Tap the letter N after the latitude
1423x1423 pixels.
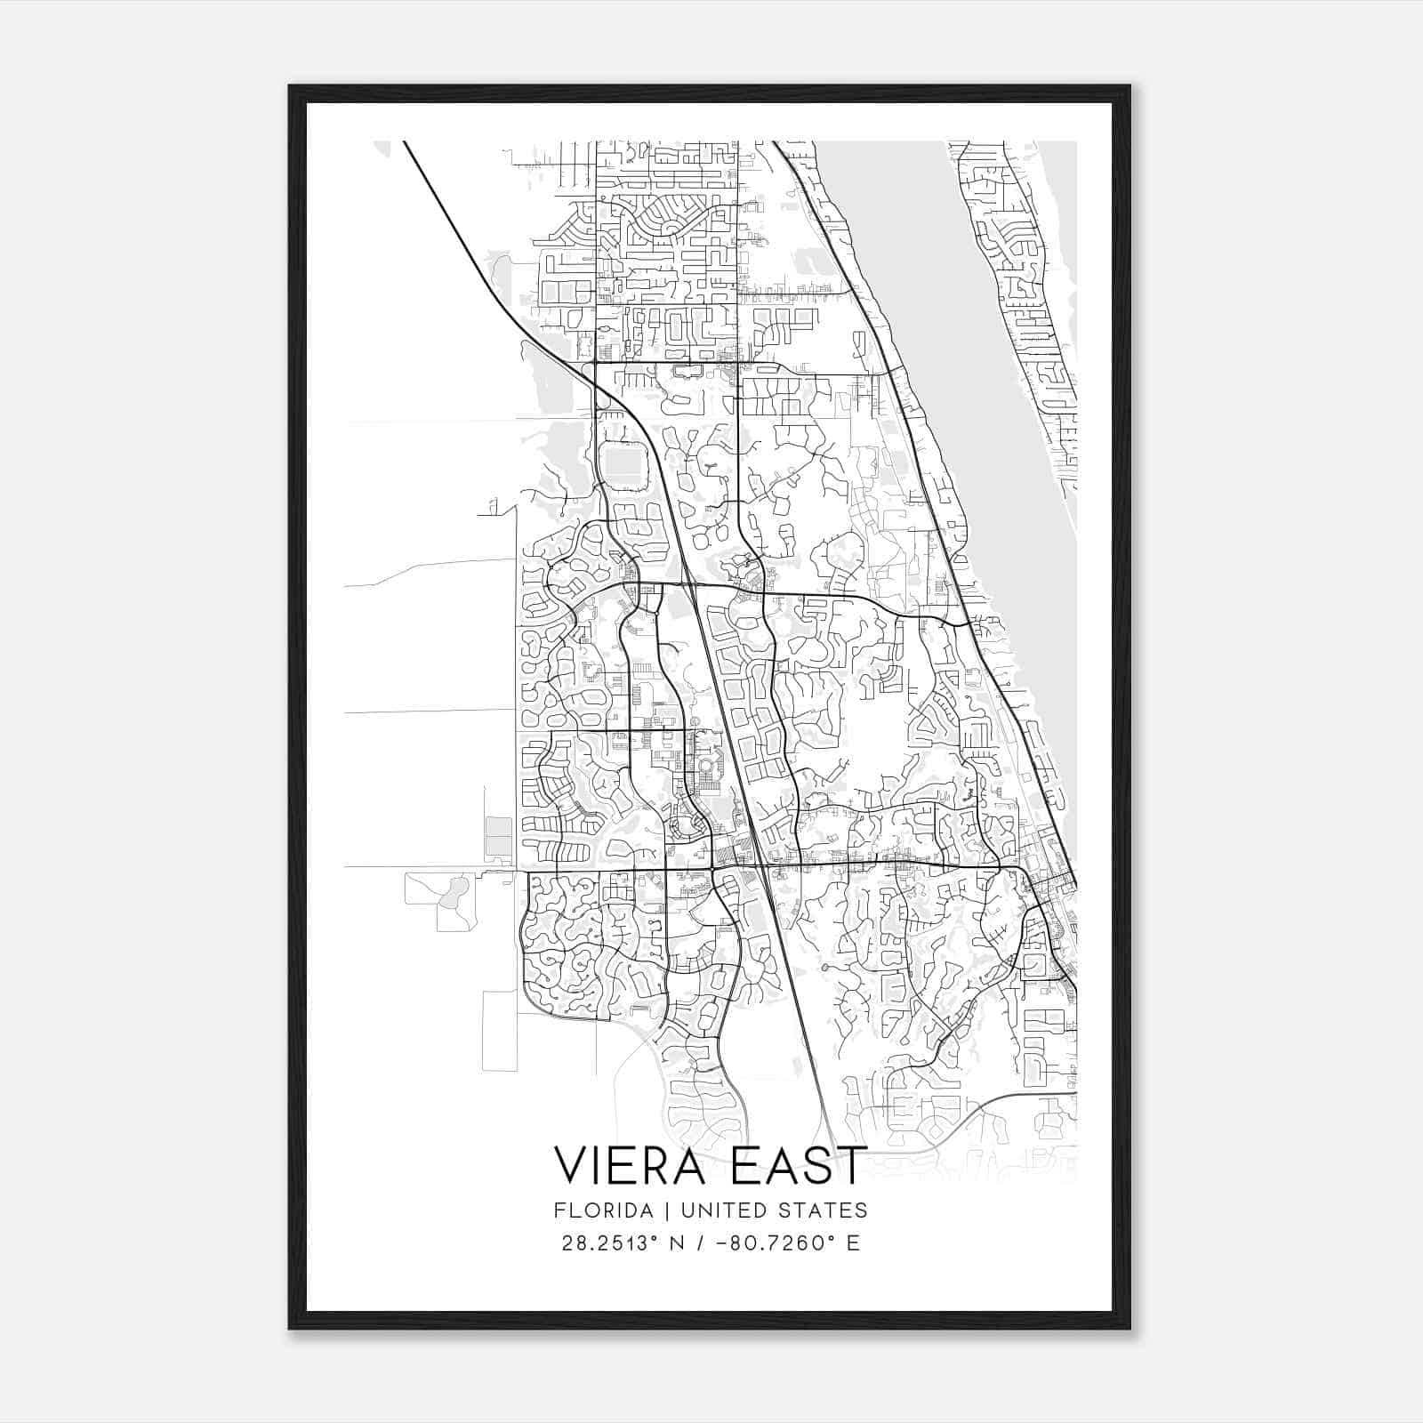point(676,1243)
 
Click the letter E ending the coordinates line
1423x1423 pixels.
point(853,1243)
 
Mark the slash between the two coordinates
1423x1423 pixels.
point(703,1243)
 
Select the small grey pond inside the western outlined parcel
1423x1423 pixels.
point(455,890)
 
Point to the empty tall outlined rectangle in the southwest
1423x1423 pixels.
point(499,1030)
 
